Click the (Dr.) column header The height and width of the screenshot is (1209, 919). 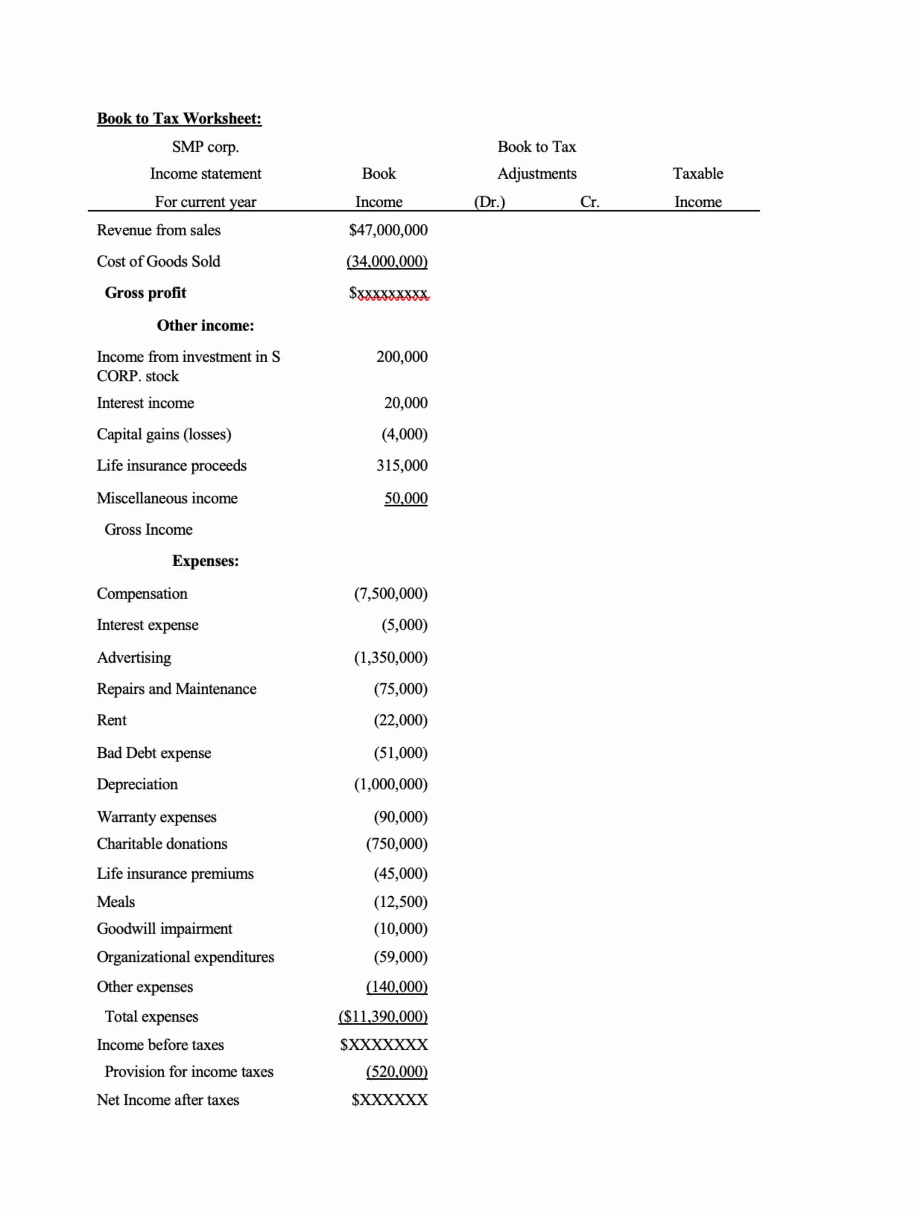click(x=489, y=202)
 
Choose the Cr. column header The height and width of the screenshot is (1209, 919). click(x=589, y=202)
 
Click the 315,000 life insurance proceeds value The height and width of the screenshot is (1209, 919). click(x=402, y=465)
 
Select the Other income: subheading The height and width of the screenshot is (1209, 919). click(x=205, y=325)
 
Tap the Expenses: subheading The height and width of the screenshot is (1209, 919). click(x=205, y=561)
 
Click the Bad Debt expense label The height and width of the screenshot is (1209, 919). click(x=154, y=753)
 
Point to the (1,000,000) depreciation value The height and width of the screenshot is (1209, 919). click(x=390, y=784)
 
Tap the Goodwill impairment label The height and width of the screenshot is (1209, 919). click(x=164, y=929)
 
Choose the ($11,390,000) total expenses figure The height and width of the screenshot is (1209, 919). click(x=383, y=1016)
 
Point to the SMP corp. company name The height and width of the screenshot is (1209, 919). click(x=205, y=147)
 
